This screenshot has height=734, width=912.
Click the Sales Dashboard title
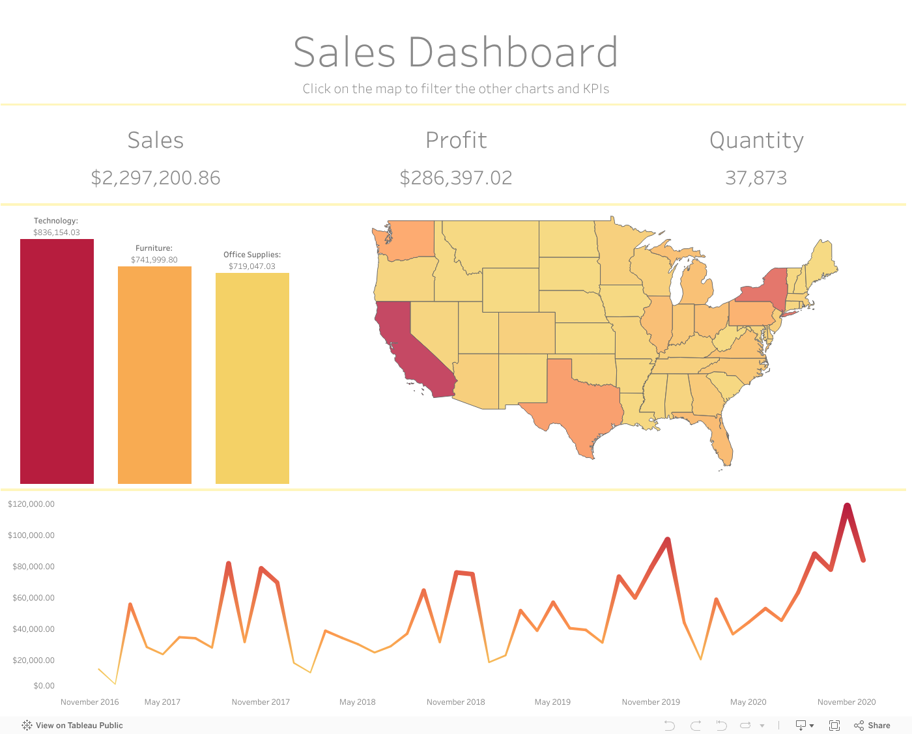coord(455,52)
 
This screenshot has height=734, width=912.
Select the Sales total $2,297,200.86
coord(156,178)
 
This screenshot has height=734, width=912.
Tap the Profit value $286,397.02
coord(456,178)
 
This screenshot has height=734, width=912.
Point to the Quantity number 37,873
coord(756,178)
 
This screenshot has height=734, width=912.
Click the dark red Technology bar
coord(57,361)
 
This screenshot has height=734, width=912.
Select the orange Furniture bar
coord(154,375)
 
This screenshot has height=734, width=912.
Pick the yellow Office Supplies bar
coord(252,378)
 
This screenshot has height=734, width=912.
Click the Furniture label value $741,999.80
coord(154,260)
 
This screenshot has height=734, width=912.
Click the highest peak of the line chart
coord(847,505)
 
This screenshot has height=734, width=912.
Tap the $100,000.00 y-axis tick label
coord(31,535)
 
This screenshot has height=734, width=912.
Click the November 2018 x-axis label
coord(455,702)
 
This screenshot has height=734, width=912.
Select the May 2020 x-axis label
coord(748,702)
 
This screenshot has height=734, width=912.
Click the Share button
coord(872,726)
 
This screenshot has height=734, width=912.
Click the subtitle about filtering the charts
coord(455,89)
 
